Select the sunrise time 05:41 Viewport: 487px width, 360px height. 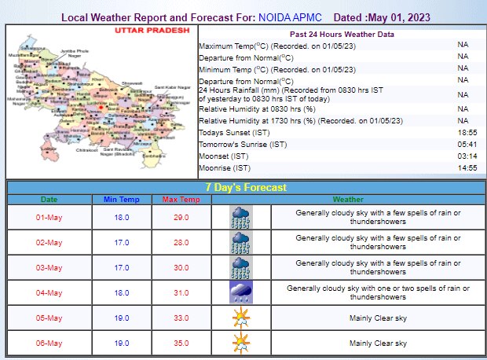tap(469, 145)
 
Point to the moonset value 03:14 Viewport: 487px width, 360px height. tap(469, 156)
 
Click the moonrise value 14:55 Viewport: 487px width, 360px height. tap(469, 168)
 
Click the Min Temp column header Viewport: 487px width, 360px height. tap(122, 200)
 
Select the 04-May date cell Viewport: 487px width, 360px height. tap(49, 293)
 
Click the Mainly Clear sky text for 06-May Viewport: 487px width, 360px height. tap(378, 343)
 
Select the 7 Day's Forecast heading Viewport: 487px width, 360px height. tap(245, 187)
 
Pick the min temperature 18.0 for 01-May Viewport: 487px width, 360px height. tap(122, 218)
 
